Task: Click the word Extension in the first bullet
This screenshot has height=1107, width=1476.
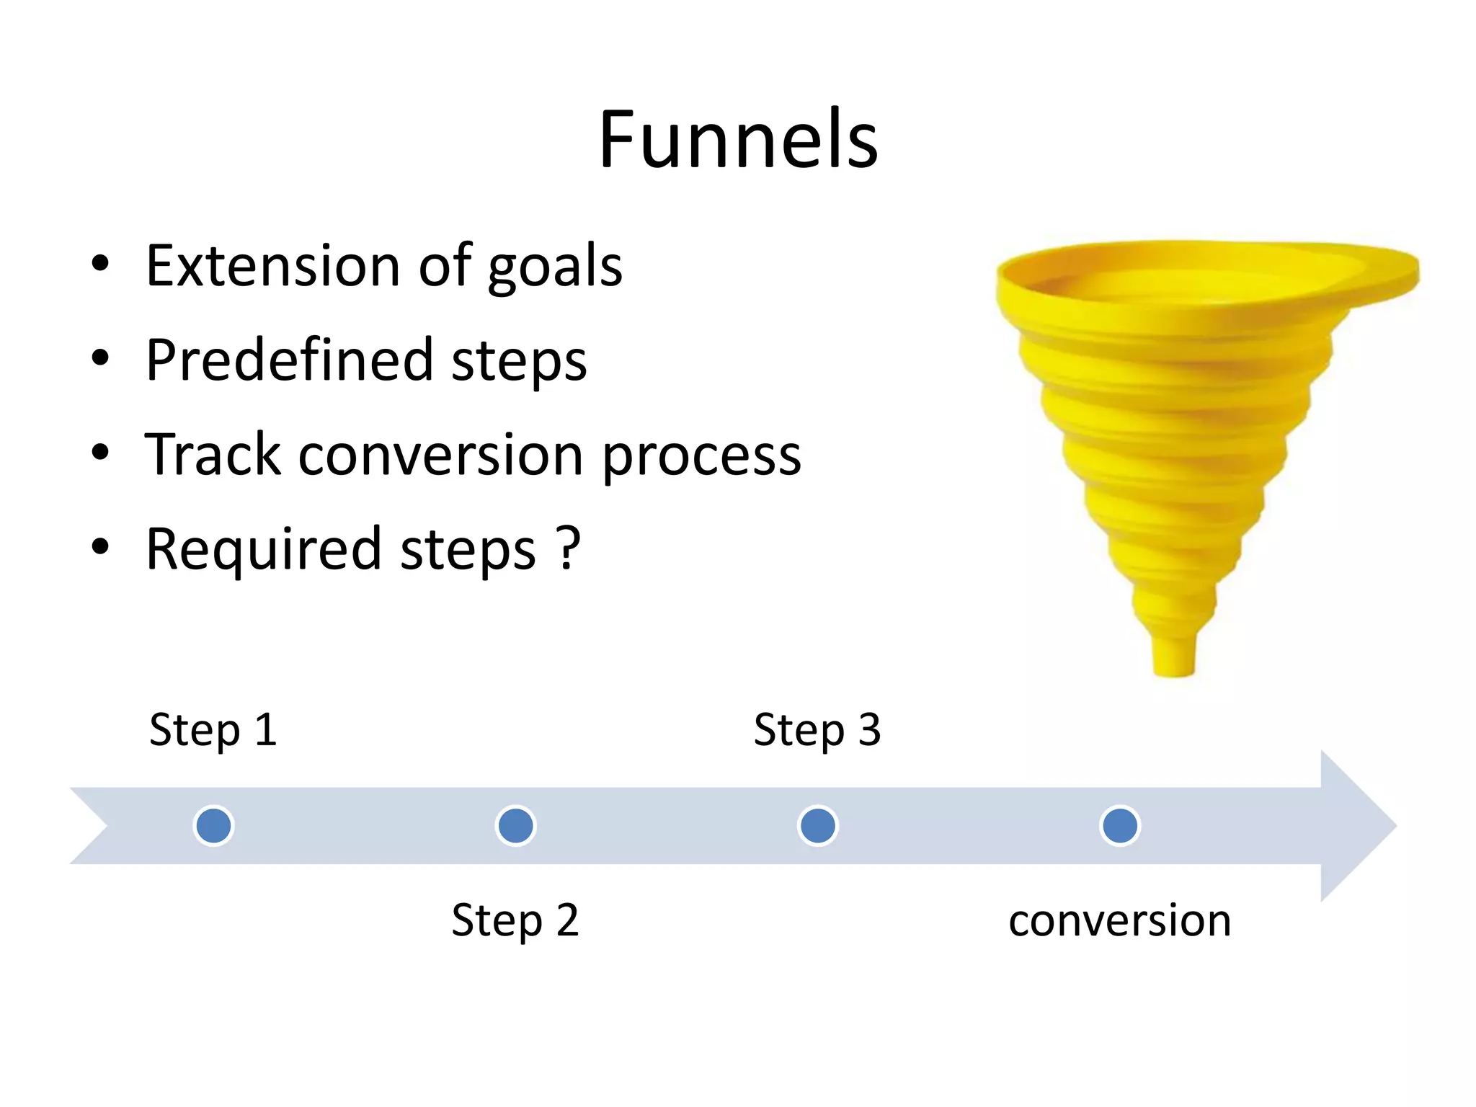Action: pos(272,265)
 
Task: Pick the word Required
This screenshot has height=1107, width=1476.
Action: pos(264,549)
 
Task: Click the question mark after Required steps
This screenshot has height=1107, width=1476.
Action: pos(569,548)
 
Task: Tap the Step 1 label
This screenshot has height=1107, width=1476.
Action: pos(213,730)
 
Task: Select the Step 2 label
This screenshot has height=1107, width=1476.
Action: pos(515,920)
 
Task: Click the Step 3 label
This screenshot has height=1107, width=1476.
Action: pos(817,730)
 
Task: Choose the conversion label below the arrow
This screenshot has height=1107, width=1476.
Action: pos(1120,920)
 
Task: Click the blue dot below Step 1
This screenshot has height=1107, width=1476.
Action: pos(214,826)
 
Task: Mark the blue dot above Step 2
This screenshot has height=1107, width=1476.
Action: pos(516,826)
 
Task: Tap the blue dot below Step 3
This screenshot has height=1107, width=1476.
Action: pos(818,826)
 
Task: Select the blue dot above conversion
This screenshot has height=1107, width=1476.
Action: pos(1120,826)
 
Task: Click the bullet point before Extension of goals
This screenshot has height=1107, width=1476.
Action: pos(101,264)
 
